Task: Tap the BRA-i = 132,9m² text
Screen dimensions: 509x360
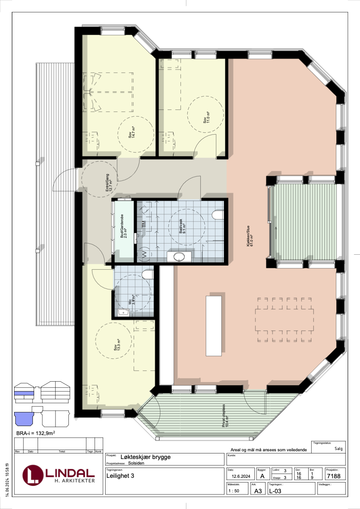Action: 36,434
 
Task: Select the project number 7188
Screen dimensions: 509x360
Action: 333,476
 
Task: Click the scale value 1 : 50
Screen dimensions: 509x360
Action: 234,491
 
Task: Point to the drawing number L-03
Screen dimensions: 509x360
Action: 275,491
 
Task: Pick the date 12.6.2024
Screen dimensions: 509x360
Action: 240,476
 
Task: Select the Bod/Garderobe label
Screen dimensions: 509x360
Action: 124,229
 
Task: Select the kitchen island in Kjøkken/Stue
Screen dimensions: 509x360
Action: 214,325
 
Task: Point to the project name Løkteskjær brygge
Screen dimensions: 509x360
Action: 146,457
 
